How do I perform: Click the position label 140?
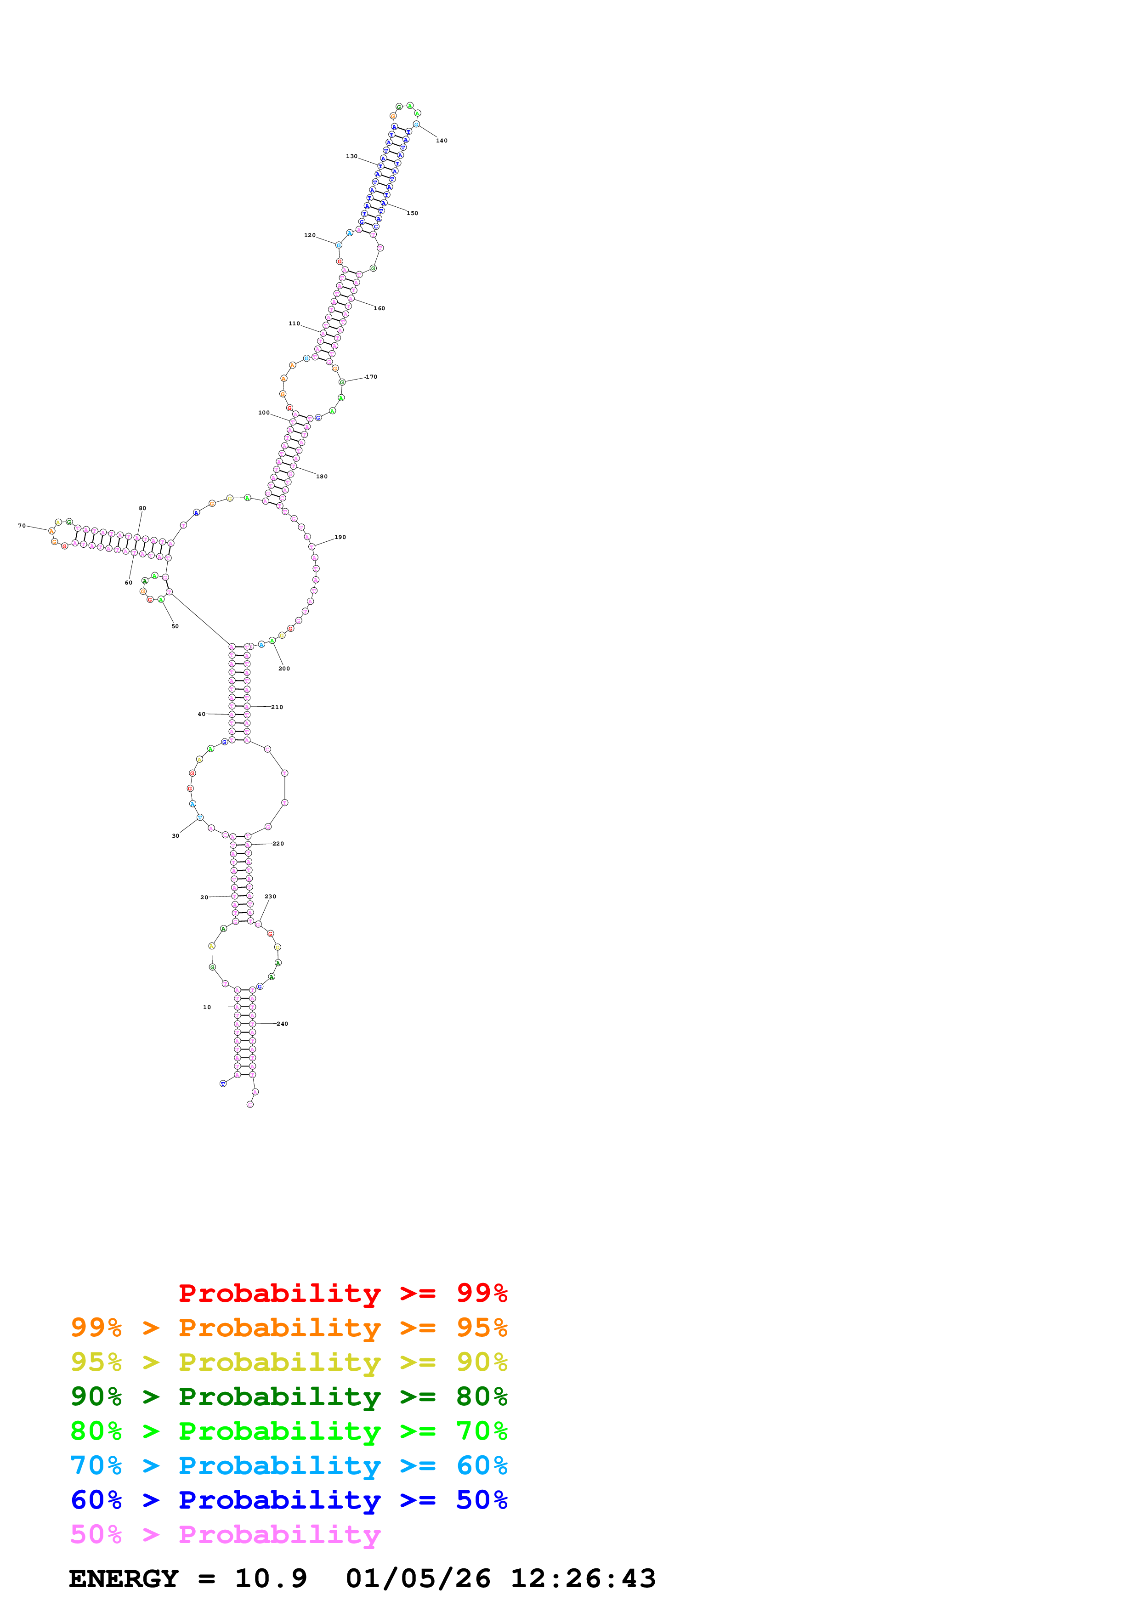pos(442,141)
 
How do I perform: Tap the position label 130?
pos(351,157)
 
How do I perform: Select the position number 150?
pos(413,213)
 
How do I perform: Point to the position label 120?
pos(310,235)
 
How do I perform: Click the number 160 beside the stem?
pos(379,308)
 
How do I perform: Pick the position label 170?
pos(371,377)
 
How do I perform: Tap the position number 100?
pos(264,413)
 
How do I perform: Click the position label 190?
pos(340,537)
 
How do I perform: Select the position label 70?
pos(22,525)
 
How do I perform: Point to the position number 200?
pos(284,669)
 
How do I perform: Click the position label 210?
pos(277,707)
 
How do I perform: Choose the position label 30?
pos(176,835)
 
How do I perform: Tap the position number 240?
pos(282,1024)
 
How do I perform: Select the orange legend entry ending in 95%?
pos(289,1328)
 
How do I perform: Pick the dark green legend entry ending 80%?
pos(289,1396)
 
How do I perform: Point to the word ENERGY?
pos(124,1578)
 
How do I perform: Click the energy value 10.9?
pos(271,1578)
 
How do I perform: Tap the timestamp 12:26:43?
pos(583,1578)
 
